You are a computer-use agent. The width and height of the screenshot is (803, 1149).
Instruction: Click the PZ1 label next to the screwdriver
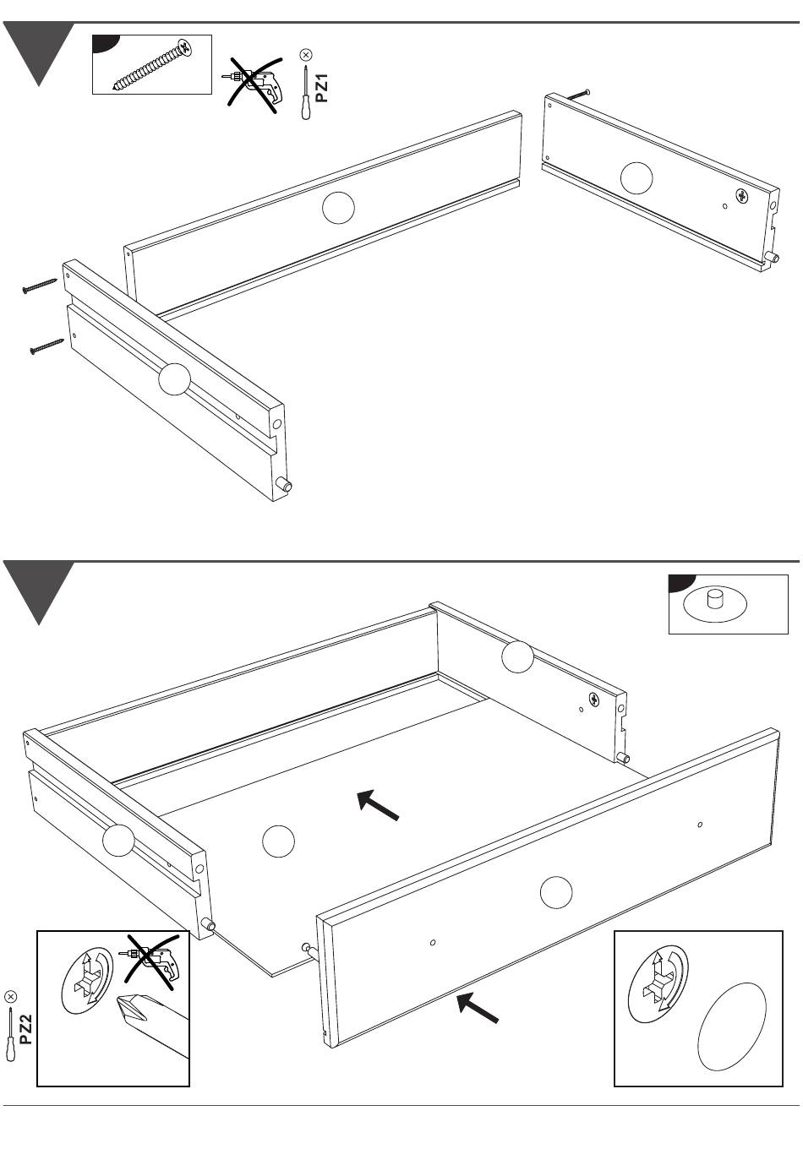(321, 88)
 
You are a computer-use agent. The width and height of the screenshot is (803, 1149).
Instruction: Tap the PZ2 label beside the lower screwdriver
(27, 1029)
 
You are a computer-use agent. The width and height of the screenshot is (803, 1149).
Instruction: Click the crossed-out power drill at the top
(254, 82)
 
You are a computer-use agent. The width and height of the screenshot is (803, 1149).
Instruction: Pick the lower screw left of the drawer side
(46, 346)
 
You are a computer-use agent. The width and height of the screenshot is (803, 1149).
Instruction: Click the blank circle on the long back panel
(338, 209)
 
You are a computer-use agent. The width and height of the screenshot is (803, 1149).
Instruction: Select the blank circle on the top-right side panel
(636, 177)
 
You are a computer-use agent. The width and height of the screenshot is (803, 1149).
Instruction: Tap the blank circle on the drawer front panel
(555, 892)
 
